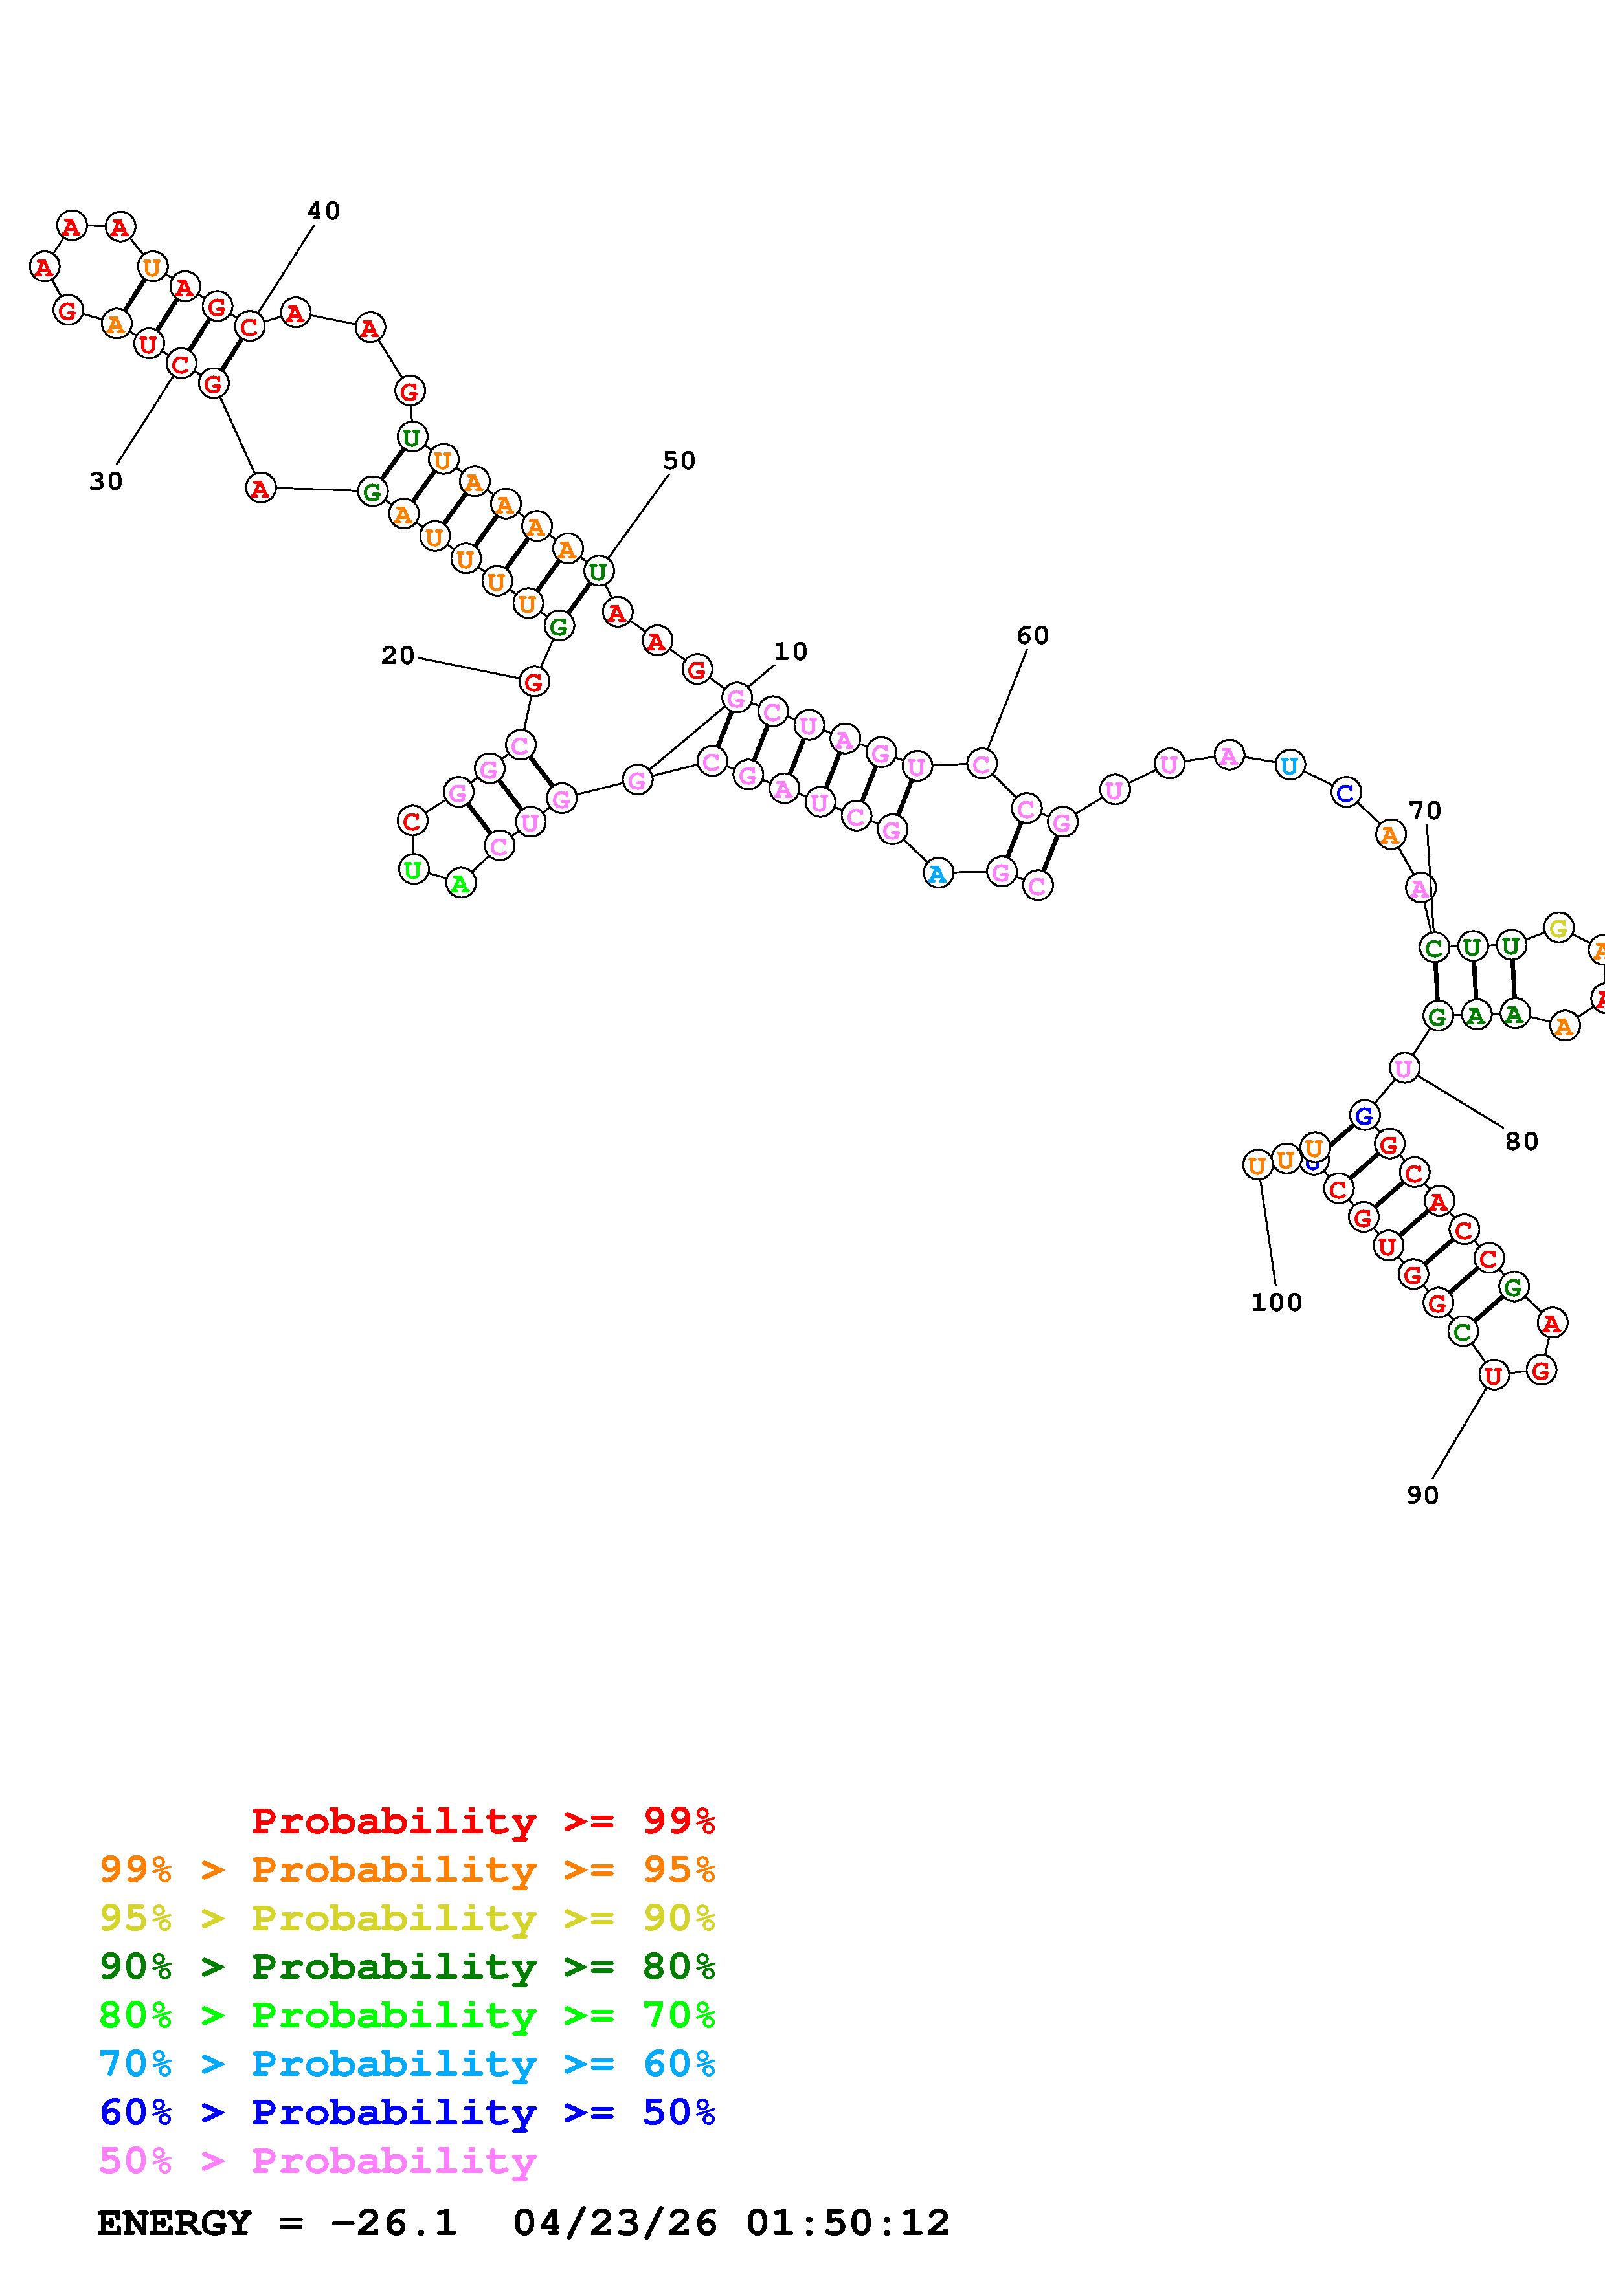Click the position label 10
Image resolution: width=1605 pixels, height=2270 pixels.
[790, 652]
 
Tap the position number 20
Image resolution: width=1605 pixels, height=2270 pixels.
[398, 656]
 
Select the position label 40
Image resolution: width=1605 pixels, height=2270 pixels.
[323, 210]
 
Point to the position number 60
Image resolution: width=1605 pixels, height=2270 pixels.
[1033, 635]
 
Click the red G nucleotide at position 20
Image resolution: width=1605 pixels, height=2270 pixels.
[534, 681]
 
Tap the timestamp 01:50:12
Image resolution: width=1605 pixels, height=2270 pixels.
[847, 2223]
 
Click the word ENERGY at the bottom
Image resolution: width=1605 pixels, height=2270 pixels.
[174, 2223]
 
